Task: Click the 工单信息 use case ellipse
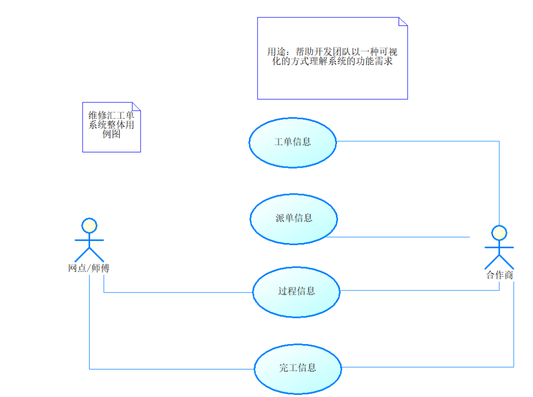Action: point(293,142)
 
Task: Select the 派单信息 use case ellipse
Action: point(294,218)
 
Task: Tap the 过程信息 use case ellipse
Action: point(296,292)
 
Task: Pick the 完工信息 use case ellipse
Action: point(297,368)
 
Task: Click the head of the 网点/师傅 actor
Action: point(89,226)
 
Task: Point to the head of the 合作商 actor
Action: point(499,233)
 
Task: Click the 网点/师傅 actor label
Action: point(89,268)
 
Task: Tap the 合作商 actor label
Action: point(499,275)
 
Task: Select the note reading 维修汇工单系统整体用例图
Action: point(111,127)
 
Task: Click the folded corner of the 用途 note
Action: point(403,22)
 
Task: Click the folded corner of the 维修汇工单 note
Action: point(136,107)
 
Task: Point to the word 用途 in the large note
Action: point(277,51)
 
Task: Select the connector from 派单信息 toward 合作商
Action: point(397,237)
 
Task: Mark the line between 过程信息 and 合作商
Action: point(417,290)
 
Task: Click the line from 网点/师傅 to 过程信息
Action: point(178,293)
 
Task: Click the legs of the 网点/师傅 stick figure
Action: point(89,255)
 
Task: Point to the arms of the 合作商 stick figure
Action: point(499,248)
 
